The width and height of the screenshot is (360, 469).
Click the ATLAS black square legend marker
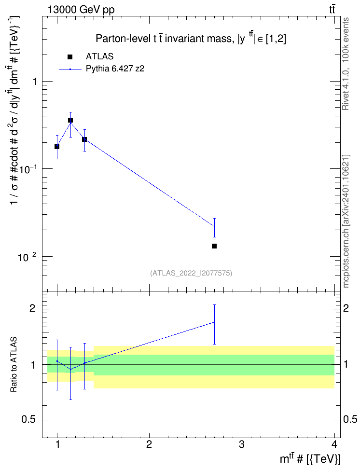pyautogui.click(x=70, y=57)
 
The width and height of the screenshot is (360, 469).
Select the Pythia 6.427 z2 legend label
pyautogui.click(x=115, y=69)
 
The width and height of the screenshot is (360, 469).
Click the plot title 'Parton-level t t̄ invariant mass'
pyautogui.click(x=164, y=39)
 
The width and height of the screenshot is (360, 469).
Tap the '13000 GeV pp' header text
pyautogui.click(x=81, y=10)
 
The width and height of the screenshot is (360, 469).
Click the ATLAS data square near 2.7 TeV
pyautogui.click(x=214, y=246)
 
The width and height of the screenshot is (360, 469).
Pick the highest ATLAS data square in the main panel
pyautogui.click(x=70, y=120)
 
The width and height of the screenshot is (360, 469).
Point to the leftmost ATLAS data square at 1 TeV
pyautogui.click(x=57, y=147)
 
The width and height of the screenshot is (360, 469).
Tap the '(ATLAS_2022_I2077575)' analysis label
pyautogui.click(x=191, y=273)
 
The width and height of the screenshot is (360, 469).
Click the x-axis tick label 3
pyautogui.click(x=241, y=444)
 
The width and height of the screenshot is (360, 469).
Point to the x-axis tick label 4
pyautogui.click(x=334, y=444)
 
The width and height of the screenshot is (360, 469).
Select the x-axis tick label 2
pyautogui.click(x=149, y=444)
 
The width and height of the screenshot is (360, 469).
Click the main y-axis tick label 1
pyautogui.click(x=34, y=82)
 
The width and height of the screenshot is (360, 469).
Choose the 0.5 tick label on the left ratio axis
pyautogui.click(x=29, y=420)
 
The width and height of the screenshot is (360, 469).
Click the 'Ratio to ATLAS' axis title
pyautogui.click(x=14, y=364)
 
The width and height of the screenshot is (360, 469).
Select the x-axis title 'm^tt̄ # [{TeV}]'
pyautogui.click(x=310, y=459)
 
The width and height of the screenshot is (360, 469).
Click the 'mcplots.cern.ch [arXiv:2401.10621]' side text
pyautogui.click(x=346, y=221)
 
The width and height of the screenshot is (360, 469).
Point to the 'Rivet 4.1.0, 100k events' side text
pyautogui.click(x=346, y=64)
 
